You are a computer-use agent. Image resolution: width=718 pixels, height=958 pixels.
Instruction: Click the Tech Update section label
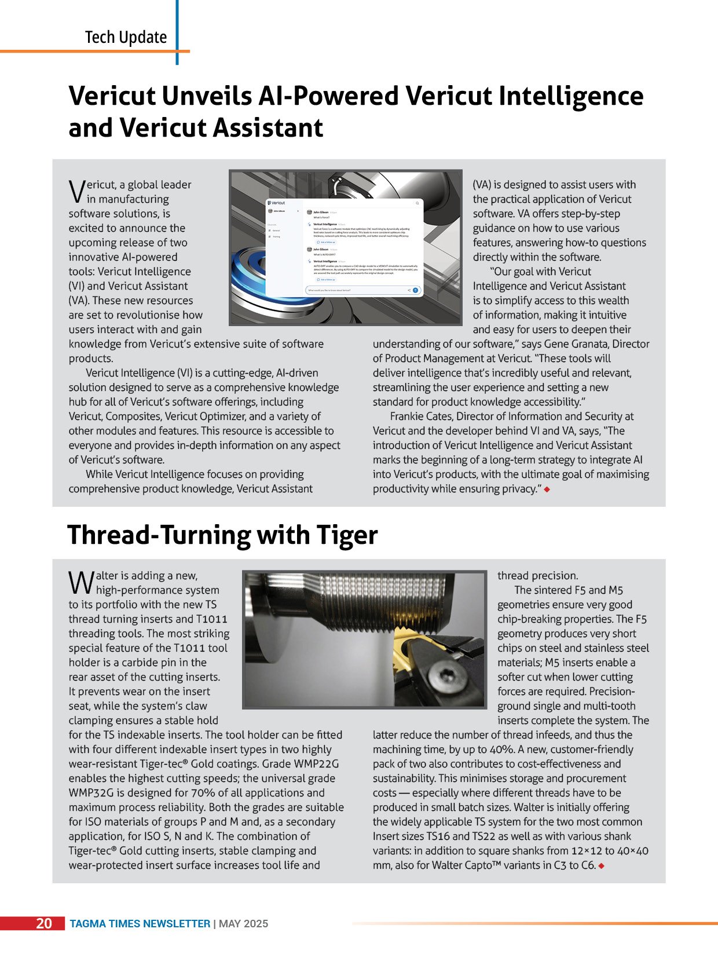(x=126, y=38)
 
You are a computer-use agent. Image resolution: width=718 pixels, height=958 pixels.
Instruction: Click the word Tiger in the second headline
(x=347, y=535)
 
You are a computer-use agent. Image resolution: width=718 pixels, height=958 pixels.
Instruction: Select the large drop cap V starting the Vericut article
(x=76, y=192)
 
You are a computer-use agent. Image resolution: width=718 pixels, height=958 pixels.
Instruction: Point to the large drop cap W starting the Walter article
(x=80, y=583)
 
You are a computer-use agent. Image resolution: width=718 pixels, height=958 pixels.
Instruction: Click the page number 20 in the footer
(x=44, y=923)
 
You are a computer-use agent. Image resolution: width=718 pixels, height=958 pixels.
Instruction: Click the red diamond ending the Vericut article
(x=547, y=489)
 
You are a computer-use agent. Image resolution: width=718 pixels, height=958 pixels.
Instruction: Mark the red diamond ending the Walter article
(x=602, y=866)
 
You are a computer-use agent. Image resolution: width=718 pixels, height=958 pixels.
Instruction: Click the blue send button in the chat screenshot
(x=415, y=290)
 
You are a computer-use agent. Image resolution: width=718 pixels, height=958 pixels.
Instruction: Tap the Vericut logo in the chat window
(x=277, y=203)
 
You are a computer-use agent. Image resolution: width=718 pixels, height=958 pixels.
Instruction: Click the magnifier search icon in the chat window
(x=417, y=203)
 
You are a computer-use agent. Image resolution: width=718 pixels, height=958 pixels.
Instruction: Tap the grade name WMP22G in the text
(x=317, y=764)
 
